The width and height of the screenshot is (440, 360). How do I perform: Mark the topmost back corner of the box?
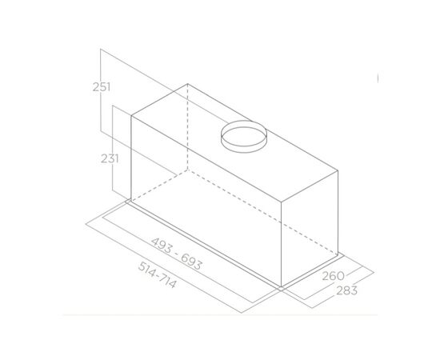coord(189,83)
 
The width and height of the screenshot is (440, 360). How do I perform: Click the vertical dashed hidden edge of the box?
coord(189,128)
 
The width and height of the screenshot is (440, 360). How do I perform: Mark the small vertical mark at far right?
coord(377,78)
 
